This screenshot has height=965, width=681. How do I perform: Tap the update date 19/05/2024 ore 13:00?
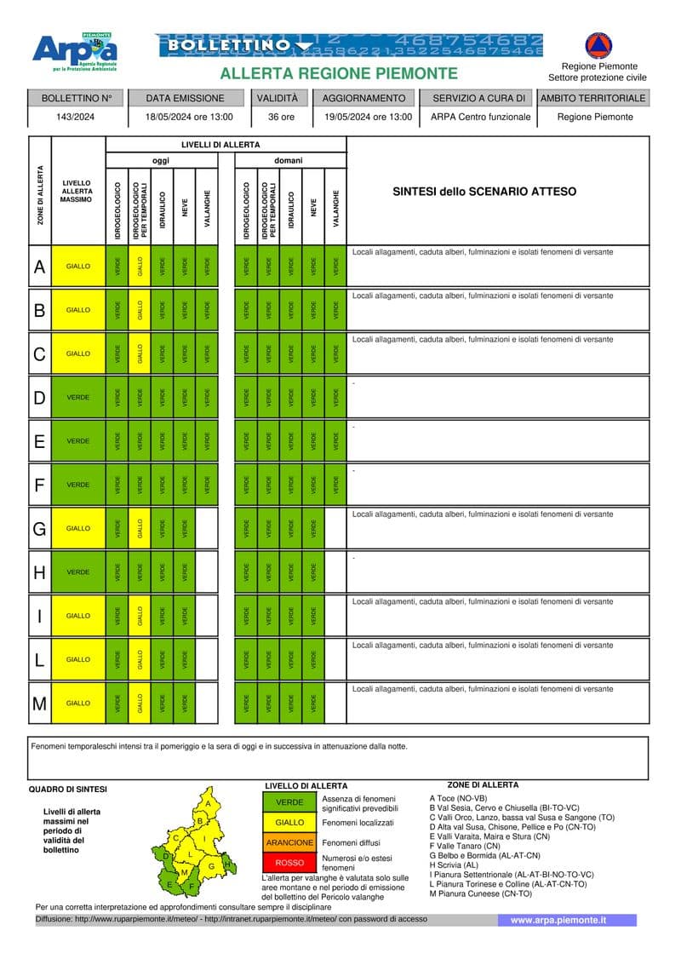coord(368,117)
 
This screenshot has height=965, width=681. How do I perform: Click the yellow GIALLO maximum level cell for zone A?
coord(78,267)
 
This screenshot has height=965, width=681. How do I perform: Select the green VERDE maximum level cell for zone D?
coord(78,398)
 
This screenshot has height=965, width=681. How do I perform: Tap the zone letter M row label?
coord(39,704)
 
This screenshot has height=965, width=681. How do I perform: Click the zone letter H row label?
coord(39,572)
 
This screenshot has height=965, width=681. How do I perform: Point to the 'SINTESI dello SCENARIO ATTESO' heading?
coord(484,192)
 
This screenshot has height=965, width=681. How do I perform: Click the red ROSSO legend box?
coord(289,863)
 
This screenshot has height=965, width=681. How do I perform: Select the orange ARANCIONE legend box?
coord(289,842)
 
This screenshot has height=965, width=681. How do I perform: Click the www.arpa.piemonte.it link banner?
coord(558,921)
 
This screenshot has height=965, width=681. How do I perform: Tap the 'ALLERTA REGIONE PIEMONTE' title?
coord(339,73)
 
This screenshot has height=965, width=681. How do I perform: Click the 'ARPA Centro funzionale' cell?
coord(480,117)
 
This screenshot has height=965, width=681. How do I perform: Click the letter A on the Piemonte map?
coord(207,803)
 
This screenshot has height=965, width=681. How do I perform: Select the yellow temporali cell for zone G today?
coord(140,529)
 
